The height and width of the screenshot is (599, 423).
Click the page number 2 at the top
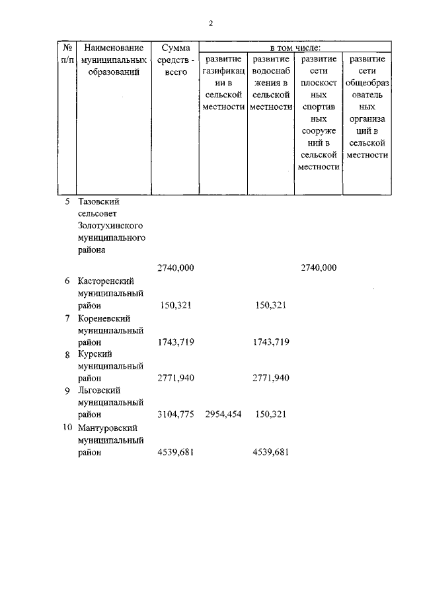(x=211, y=23)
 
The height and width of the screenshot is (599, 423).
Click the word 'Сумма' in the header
(x=175, y=48)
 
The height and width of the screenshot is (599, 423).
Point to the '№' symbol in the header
(x=67, y=48)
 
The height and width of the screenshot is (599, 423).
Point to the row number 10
(x=67, y=427)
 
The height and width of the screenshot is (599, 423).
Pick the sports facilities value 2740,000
(x=319, y=267)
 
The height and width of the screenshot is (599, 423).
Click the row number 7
(x=67, y=318)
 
